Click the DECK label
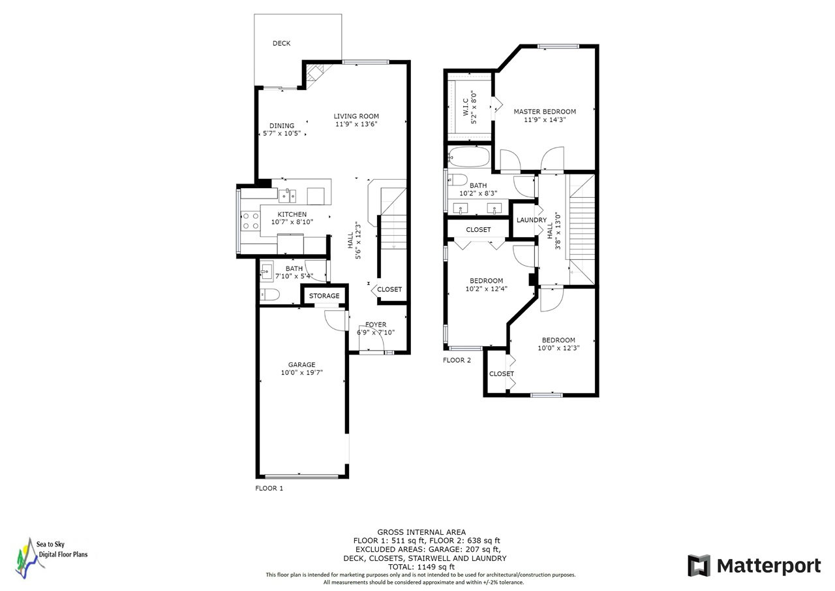click(281, 43)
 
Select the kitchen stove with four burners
click(250, 221)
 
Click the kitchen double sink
click(288, 195)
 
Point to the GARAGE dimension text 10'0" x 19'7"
click(301, 372)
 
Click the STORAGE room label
click(324, 296)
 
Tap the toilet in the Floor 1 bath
click(269, 295)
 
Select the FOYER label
click(376, 325)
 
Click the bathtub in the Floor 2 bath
click(469, 157)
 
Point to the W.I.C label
click(466, 106)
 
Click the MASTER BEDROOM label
click(545, 112)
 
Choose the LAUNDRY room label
click(532, 220)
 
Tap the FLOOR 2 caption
click(457, 360)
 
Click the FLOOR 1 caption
click(269, 488)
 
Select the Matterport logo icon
click(699, 566)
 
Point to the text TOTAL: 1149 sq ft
click(421, 567)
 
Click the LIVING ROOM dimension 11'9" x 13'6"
click(356, 124)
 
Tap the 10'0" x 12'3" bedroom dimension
click(558, 348)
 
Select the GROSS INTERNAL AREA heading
click(421, 532)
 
